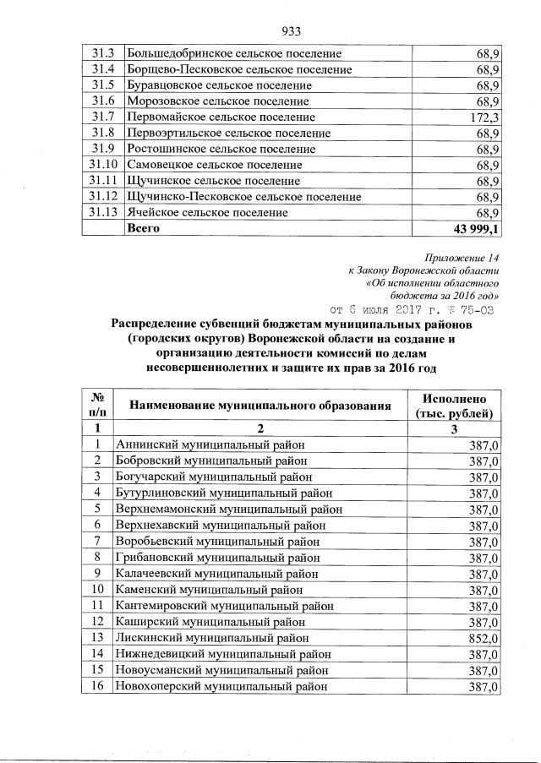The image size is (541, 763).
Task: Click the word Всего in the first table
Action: [144, 228]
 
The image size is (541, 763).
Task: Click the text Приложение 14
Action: [462, 257]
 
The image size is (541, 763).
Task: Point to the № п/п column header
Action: [97, 406]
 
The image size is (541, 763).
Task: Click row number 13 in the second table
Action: [97, 637]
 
